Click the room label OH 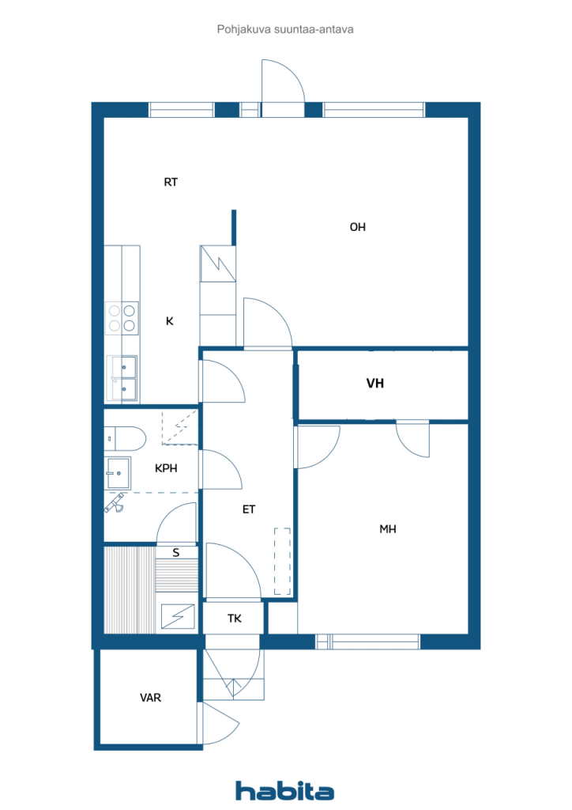point(357,227)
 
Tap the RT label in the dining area point(171,182)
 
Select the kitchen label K point(170,321)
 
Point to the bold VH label point(375,384)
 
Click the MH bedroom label point(388,529)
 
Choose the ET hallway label point(249,509)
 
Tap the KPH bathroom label point(166,468)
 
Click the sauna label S point(176,553)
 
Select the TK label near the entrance point(235,619)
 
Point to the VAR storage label point(150,698)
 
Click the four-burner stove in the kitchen point(122,318)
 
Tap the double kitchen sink point(122,378)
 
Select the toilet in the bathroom point(125,438)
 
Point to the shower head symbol point(115,502)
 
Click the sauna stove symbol point(178,616)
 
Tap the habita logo point(284,790)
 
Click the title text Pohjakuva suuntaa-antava point(285,29)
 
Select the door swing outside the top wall point(283,81)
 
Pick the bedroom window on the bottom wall point(367,642)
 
